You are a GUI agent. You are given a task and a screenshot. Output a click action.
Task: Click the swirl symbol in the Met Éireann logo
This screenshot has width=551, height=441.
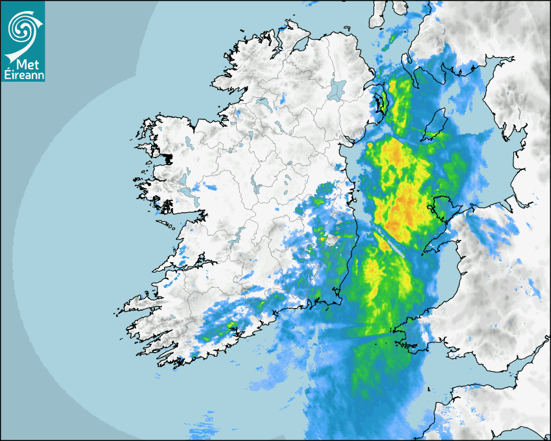tap(21, 27)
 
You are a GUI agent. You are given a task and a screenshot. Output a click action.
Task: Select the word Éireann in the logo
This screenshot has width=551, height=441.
tap(23, 75)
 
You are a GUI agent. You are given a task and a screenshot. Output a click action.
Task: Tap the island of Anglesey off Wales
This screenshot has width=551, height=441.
tap(442, 206)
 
